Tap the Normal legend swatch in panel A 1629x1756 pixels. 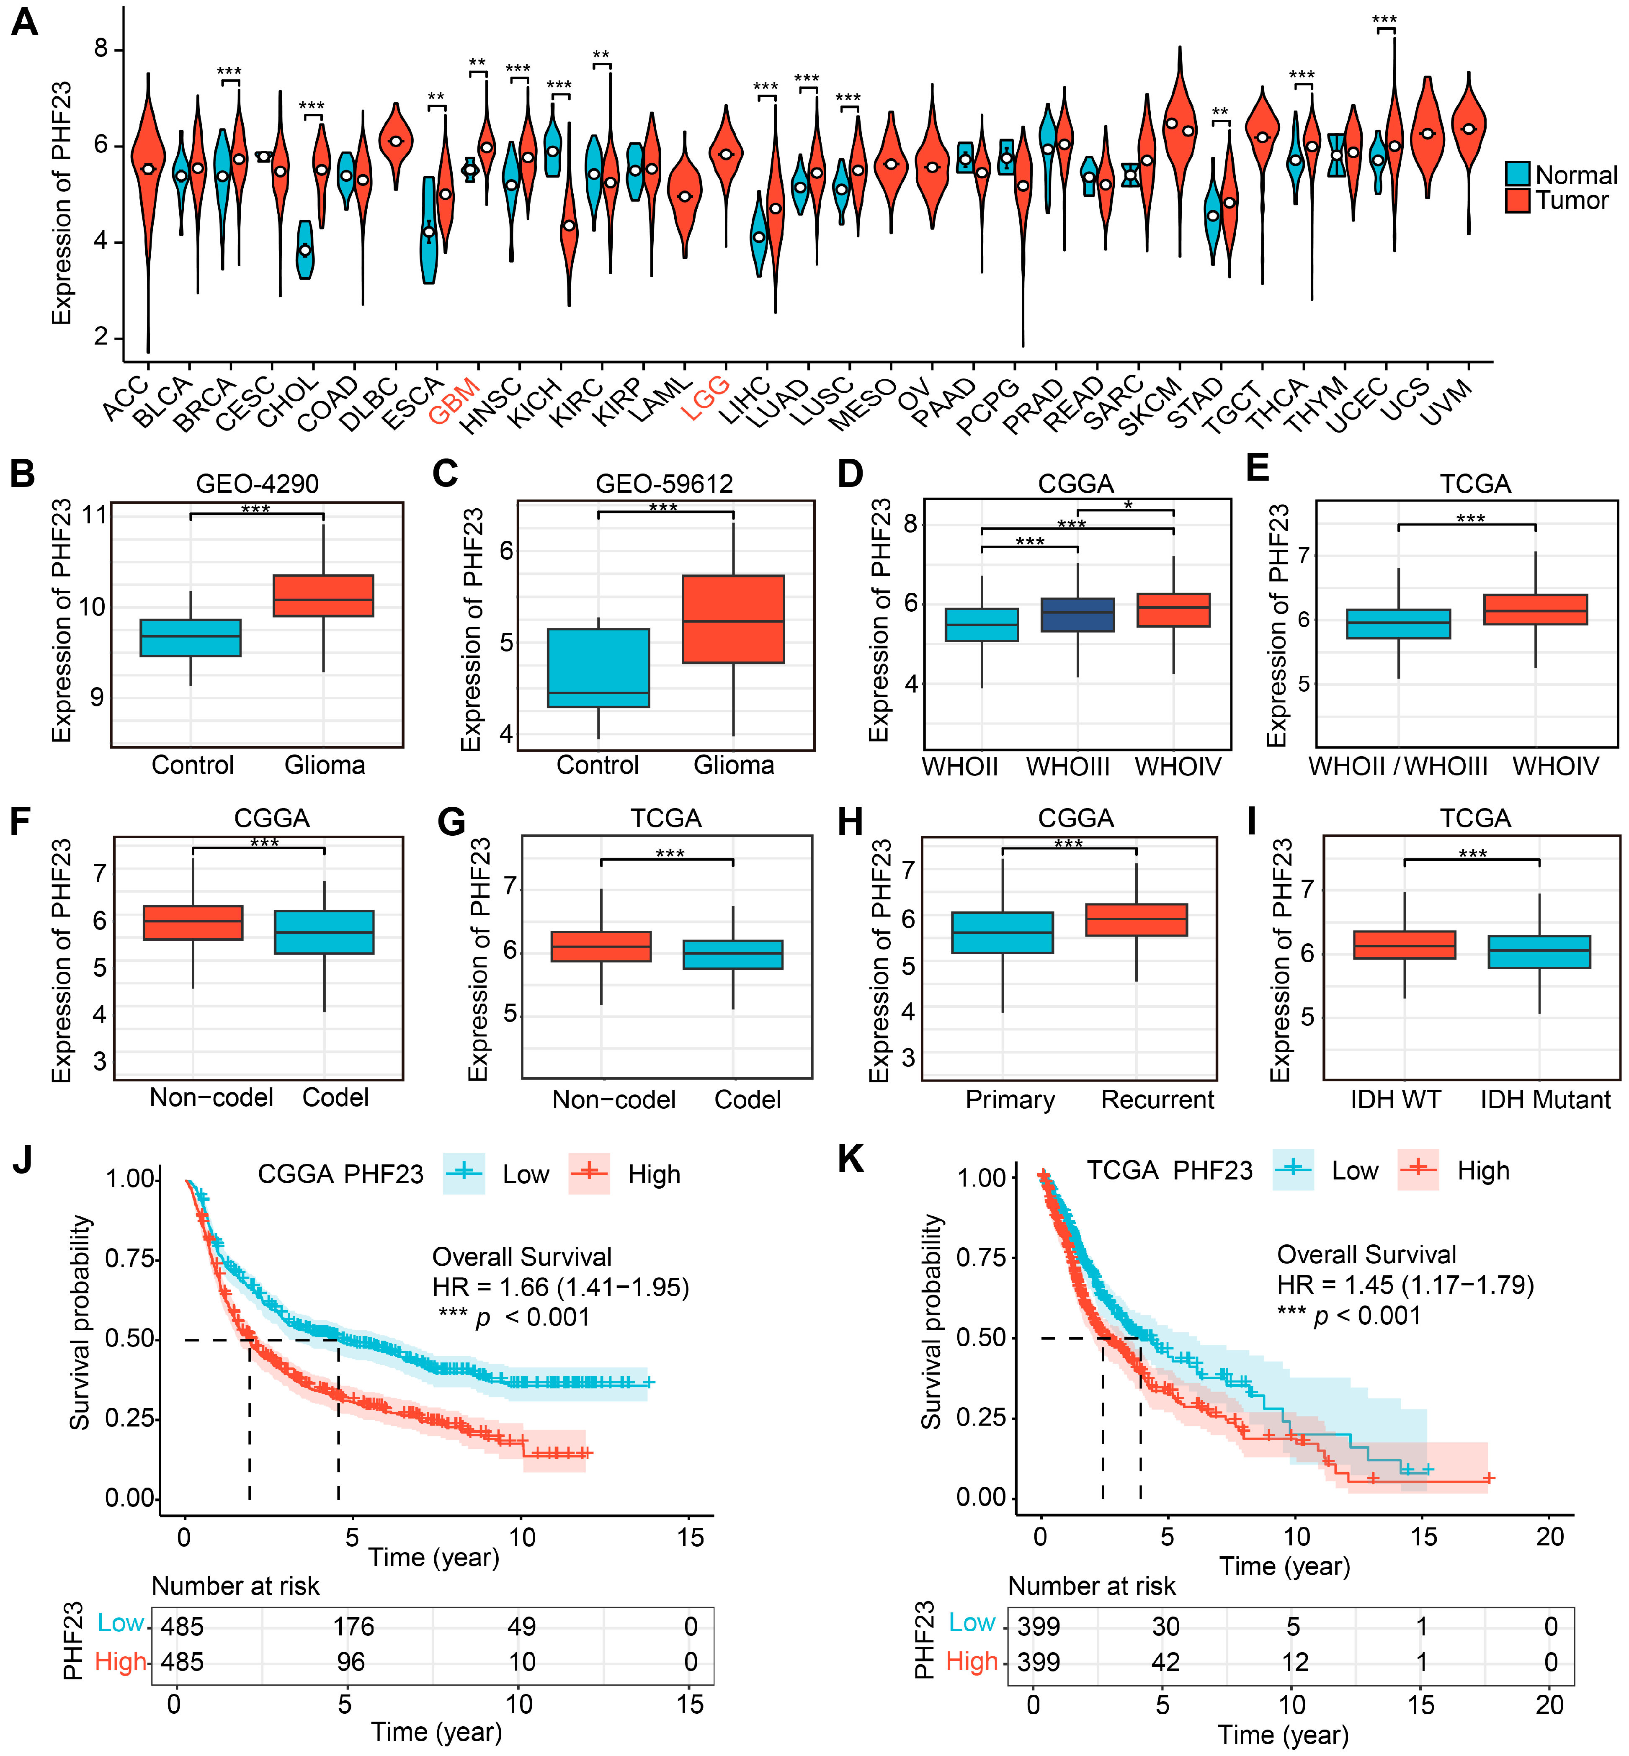[1517, 174]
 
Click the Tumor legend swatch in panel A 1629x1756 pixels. [1517, 200]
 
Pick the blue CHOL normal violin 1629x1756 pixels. [305, 250]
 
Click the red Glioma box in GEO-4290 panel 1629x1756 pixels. [324, 596]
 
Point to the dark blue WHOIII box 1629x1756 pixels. [1077, 614]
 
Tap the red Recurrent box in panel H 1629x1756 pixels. [1136, 919]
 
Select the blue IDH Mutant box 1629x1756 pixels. [1539, 952]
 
